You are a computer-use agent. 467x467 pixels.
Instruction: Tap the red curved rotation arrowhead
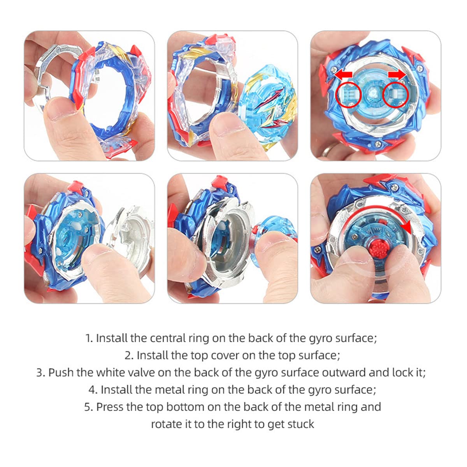pos(407,227)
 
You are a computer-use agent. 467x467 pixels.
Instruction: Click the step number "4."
pos(93,390)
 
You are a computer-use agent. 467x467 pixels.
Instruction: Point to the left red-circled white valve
pos(348,95)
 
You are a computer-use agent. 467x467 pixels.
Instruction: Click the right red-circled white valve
pos(395,94)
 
